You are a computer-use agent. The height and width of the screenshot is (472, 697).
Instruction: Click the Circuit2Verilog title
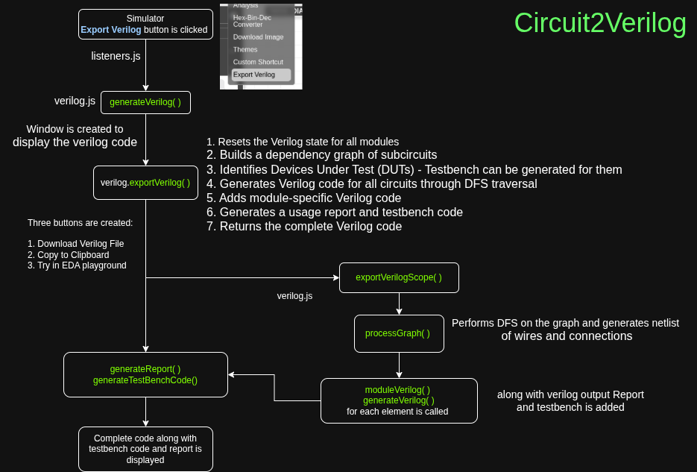[600, 23]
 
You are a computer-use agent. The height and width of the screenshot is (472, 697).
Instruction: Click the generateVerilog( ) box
[145, 102]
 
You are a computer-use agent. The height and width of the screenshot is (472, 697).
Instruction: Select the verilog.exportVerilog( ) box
[145, 183]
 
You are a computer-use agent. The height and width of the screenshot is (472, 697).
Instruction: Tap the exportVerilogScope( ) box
[399, 277]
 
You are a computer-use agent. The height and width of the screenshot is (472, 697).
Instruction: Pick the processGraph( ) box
[399, 333]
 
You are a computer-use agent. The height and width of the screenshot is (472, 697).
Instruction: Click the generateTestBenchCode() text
[145, 380]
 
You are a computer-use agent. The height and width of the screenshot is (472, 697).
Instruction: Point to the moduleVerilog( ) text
[397, 390]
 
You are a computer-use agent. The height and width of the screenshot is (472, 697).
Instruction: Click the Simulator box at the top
[145, 25]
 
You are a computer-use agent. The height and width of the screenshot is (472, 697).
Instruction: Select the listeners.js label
[116, 56]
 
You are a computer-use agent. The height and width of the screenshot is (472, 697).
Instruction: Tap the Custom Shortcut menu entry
[257, 62]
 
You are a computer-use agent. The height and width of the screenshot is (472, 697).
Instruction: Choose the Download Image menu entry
[257, 37]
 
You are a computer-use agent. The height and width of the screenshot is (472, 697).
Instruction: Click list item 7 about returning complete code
[304, 227]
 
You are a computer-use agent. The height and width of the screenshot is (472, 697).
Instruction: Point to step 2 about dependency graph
[322, 155]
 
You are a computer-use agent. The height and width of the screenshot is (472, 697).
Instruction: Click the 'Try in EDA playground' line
[77, 265]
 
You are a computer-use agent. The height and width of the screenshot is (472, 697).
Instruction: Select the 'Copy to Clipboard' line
[69, 254]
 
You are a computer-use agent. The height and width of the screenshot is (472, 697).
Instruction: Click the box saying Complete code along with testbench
[145, 449]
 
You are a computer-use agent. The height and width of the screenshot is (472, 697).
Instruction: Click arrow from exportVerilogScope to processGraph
[399, 303]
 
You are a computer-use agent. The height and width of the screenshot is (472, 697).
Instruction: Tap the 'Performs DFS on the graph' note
[565, 323]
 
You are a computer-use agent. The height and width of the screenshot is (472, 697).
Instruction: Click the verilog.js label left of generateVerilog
[75, 101]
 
